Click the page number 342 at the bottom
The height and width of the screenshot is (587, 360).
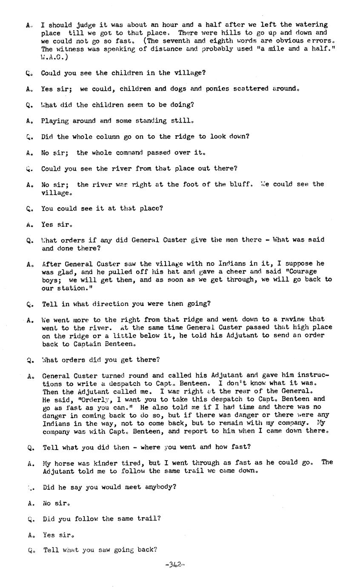pyautogui.click(x=174, y=565)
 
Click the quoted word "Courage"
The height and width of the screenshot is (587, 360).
pyautogui.click(x=315, y=271)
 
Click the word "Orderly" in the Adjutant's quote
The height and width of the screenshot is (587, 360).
pyautogui.click(x=96, y=399)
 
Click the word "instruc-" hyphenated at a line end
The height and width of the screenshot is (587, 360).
pyautogui.click(x=314, y=375)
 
